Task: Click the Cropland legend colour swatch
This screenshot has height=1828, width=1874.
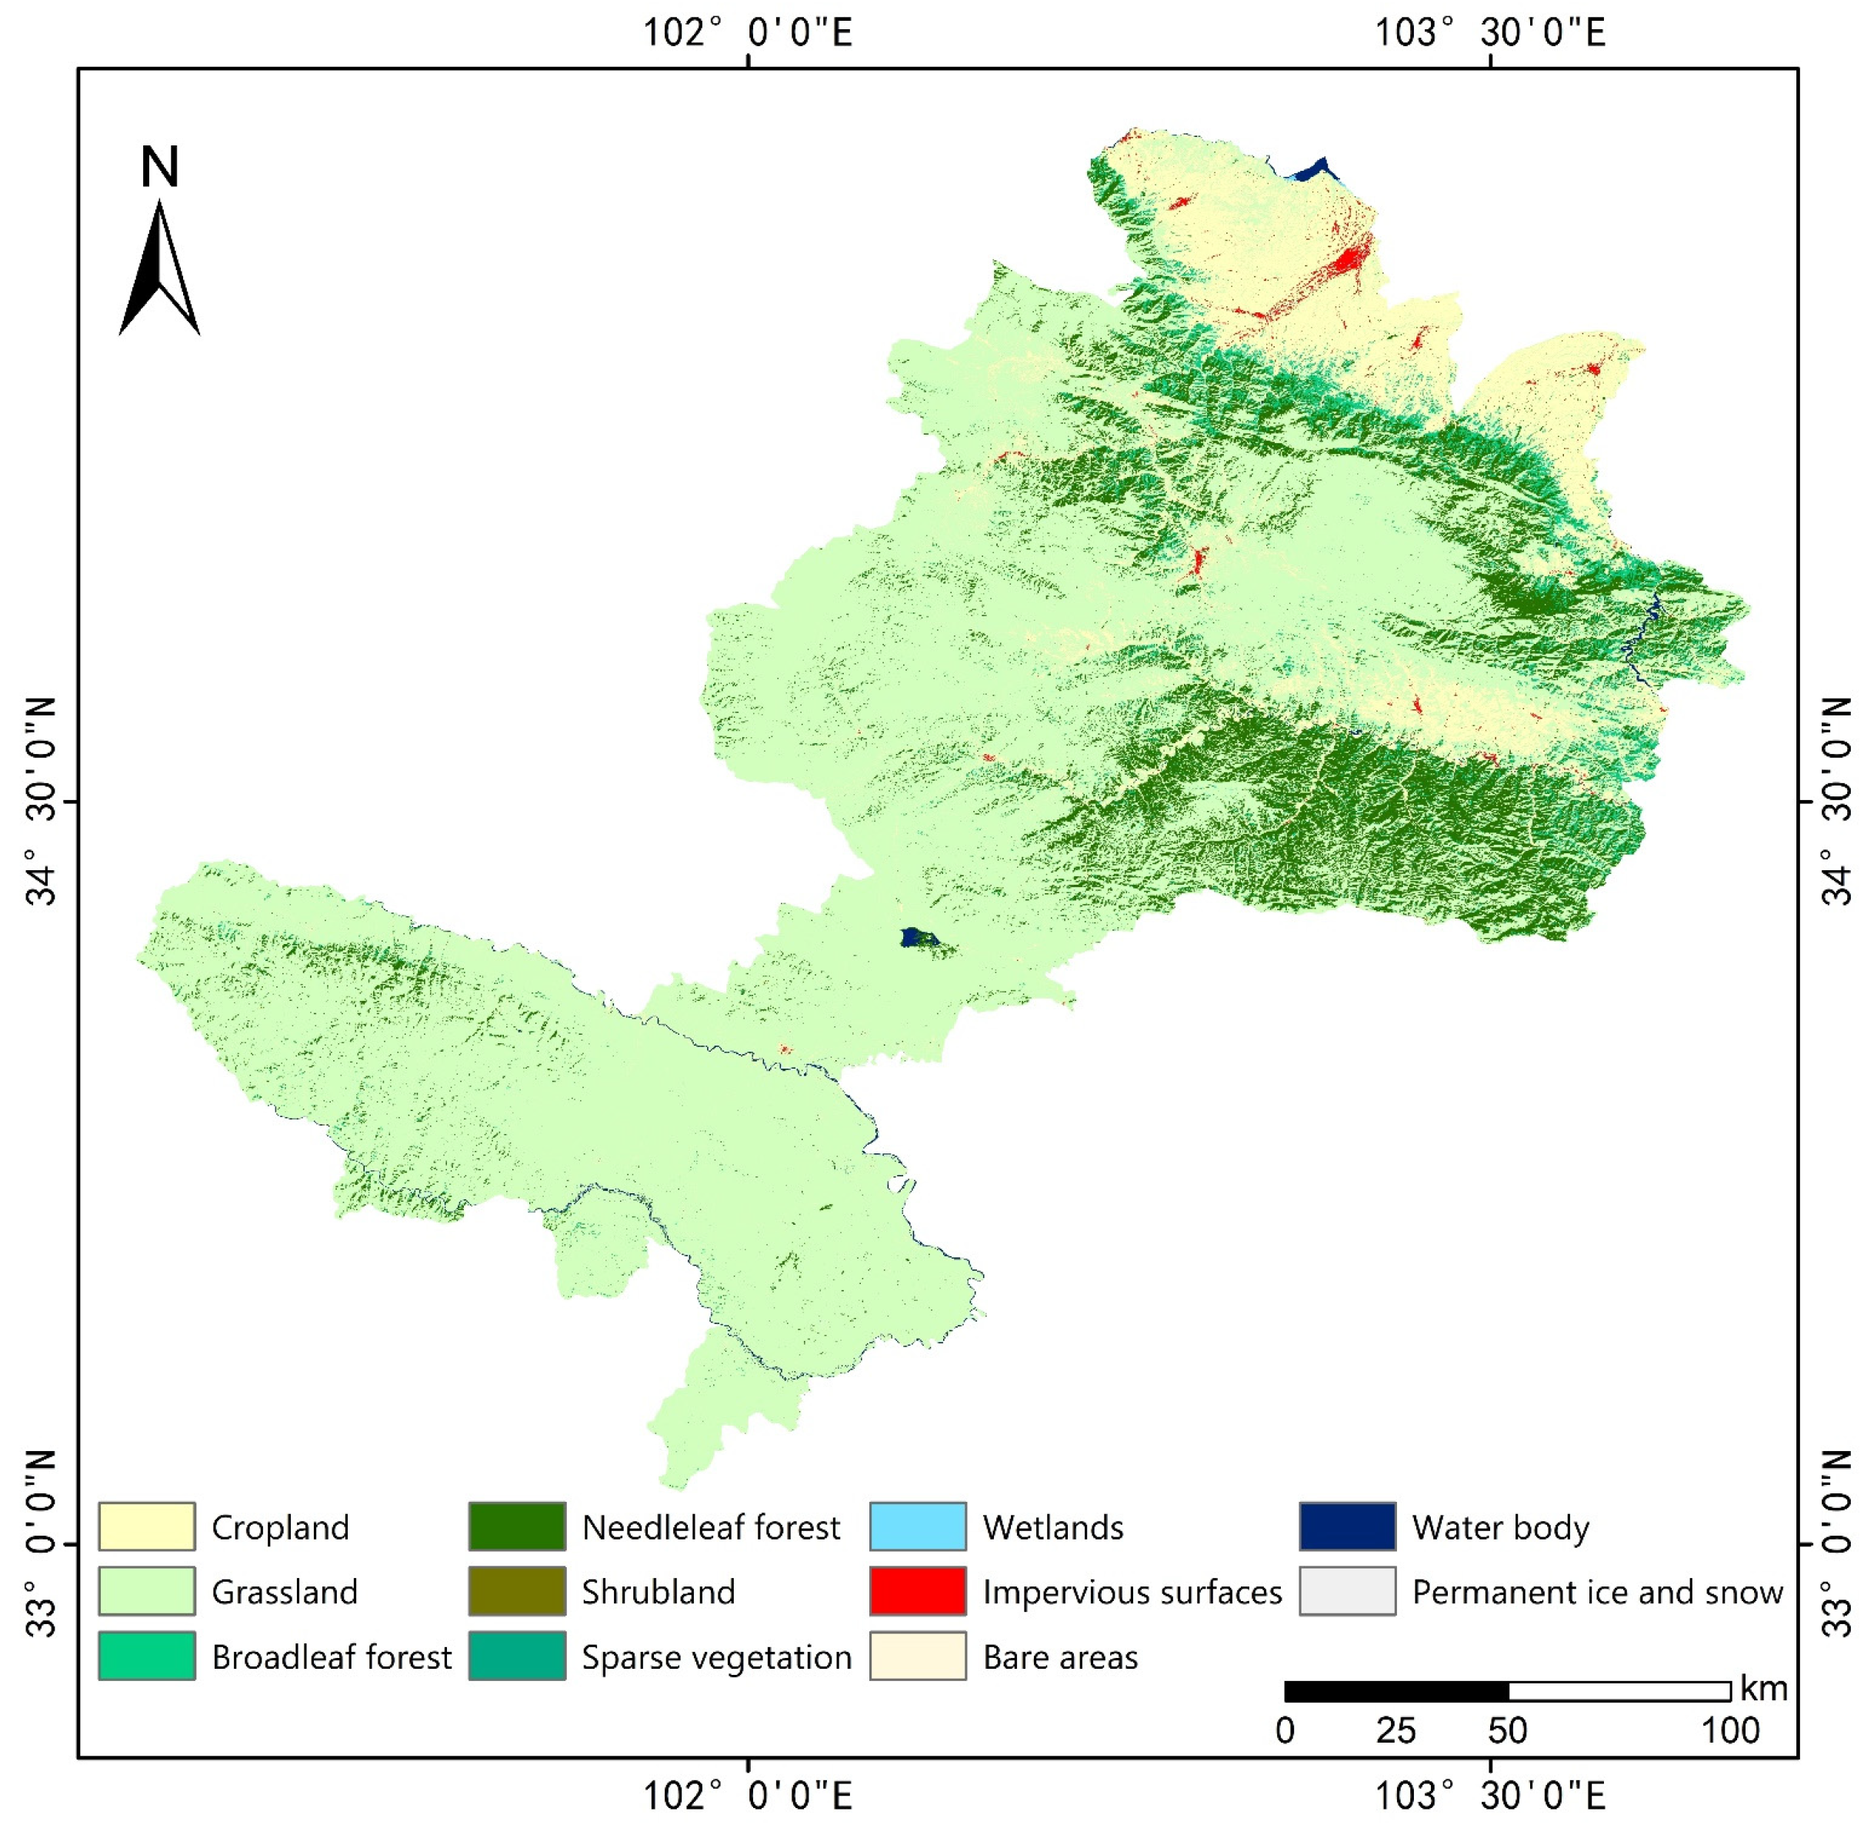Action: [x=146, y=1526]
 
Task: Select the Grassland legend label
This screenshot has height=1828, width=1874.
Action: [x=284, y=1592]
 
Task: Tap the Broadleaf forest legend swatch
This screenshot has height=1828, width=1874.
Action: [x=146, y=1656]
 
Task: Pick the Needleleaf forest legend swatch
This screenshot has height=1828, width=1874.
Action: [x=516, y=1526]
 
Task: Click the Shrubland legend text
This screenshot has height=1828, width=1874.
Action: [x=658, y=1592]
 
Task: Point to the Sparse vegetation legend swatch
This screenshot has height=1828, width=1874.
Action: [x=516, y=1656]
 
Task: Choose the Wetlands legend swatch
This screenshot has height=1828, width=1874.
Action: [x=917, y=1526]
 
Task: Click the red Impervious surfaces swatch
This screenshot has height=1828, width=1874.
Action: [x=917, y=1591]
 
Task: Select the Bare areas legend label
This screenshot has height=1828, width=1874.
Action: [x=1060, y=1657]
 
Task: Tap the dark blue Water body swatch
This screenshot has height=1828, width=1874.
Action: [x=1347, y=1526]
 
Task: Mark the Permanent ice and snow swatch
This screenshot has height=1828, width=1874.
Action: [x=1347, y=1591]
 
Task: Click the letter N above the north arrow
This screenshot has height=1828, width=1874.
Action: [x=159, y=167]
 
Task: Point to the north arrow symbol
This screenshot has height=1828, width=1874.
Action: [x=159, y=269]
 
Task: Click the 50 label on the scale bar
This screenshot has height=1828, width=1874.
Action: [x=1507, y=1731]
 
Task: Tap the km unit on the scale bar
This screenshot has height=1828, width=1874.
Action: [x=1763, y=1689]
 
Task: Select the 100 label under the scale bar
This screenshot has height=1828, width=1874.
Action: [x=1730, y=1731]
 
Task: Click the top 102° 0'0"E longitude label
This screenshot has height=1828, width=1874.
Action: [x=747, y=32]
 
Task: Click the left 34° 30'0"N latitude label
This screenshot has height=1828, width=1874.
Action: [x=42, y=801]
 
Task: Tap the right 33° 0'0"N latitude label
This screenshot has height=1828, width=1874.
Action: [x=1835, y=1544]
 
